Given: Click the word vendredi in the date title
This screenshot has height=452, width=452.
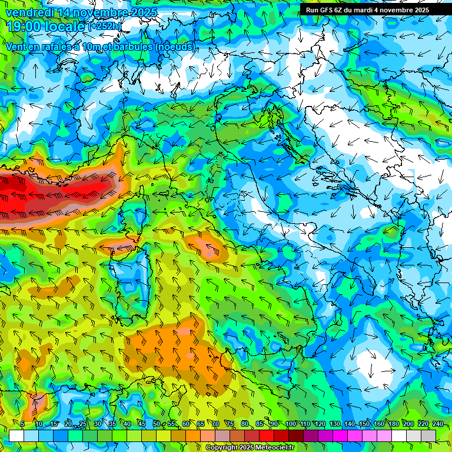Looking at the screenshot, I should (x=29, y=12).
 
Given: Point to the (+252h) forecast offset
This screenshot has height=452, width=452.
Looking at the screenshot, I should (x=105, y=26).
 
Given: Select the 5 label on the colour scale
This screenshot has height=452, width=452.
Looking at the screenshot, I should (x=22, y=424).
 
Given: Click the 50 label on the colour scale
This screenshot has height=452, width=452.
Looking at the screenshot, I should (x=157, y=424).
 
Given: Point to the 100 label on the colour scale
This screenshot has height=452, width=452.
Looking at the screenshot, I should (x=290, y=424).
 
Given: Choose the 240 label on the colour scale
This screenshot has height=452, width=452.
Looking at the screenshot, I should (x=437, y=424).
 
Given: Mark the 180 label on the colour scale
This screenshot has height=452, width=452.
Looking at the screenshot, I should (x=393, y=424).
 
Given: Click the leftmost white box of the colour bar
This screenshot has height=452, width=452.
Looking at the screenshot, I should (x=16, y=436).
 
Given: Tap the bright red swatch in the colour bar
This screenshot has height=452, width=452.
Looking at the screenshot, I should (x=267, y=436).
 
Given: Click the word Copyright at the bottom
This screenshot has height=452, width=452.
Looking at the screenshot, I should (x=222, y=448).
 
